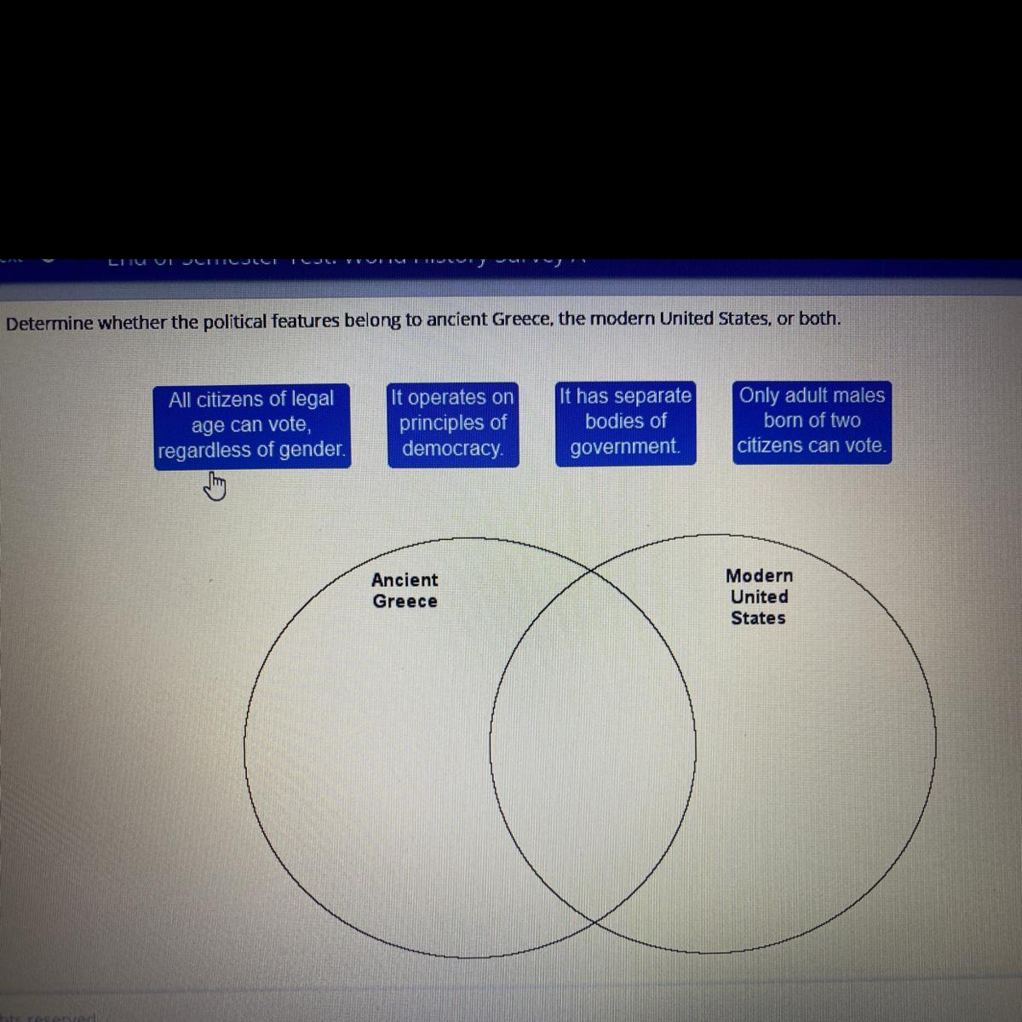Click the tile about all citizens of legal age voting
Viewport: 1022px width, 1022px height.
tap(252, 425)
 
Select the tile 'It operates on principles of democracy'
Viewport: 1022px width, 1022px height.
tap(452, 423)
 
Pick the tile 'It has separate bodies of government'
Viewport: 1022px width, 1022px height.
tap(625, 422)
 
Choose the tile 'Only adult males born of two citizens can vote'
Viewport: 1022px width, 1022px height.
tap(812, 421)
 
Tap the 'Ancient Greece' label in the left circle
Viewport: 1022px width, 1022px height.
tap(405, 590)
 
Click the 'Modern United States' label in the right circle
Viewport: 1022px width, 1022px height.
tap(759, 597)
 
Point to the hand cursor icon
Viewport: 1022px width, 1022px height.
tap(215, 488)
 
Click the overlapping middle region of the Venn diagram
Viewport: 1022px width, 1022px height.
tap(593, 745)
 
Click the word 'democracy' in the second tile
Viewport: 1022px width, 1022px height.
tap(451, 449)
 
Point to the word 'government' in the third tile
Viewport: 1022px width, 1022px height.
tap(625, 447)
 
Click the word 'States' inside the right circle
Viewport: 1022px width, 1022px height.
tap(758, 618)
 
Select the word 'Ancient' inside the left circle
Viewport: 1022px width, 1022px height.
tap(405, 580)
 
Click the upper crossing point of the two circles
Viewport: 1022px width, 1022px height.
tap(592, 570)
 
